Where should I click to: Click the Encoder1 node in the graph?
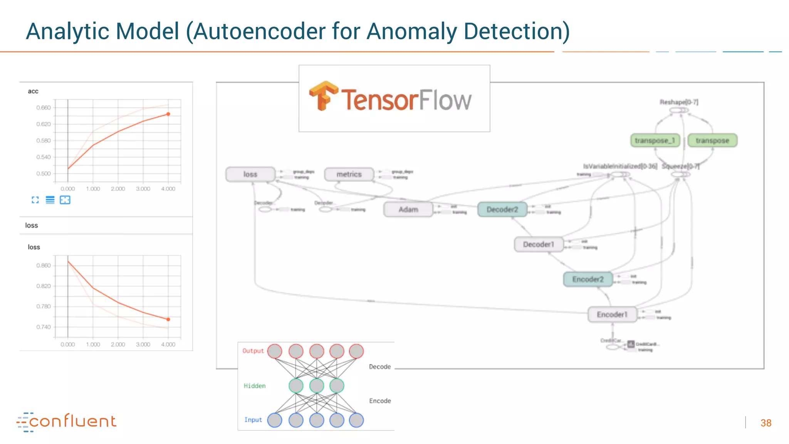click(x=612, y=314)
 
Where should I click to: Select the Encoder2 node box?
click(x=588, y=279)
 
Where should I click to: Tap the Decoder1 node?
click(x=539, y=244)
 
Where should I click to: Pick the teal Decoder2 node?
click(x=502, y=209)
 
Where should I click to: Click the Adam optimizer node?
click(x=408, y=209)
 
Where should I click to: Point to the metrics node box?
click(x=349, y=174)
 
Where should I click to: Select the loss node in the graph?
click(x=250, y=174)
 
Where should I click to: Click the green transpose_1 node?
click(x=655, y=140)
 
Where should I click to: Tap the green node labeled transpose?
click(x=712, y=140)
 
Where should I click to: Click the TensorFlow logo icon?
click(x=323, y=96)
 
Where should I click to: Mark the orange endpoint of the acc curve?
click(x=168, y=114)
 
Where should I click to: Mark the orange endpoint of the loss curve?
click(x=168, y=320)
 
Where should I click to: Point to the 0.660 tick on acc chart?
click(x=44, y=108)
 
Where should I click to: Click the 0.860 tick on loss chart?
click(x=44, y=266)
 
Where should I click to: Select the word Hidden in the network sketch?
click(x=255, y=386)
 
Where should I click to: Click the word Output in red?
click(x=253, y=351)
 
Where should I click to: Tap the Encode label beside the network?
click(x=380, y=401)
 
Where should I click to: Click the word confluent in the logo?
click(x=73, y=421)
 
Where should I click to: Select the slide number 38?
click(x=766, y=423)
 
